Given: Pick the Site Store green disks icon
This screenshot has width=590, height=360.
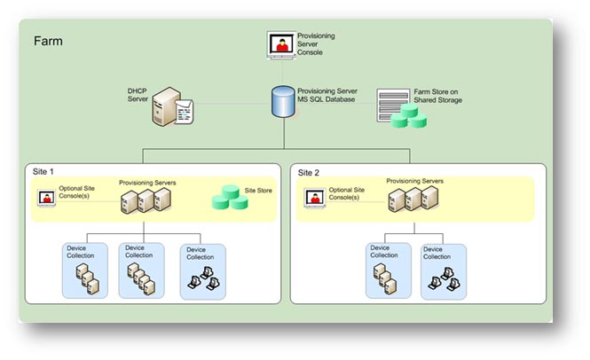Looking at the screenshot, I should [x=230, y=198].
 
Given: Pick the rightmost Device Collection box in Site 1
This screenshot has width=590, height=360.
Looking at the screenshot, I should [x=201, y=270].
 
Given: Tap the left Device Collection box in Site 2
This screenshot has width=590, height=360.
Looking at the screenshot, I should [x=389, y=270].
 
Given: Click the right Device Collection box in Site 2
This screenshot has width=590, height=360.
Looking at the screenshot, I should [x=443, y=270].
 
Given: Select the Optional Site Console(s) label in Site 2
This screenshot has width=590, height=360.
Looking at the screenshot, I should [x=347, y=193].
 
